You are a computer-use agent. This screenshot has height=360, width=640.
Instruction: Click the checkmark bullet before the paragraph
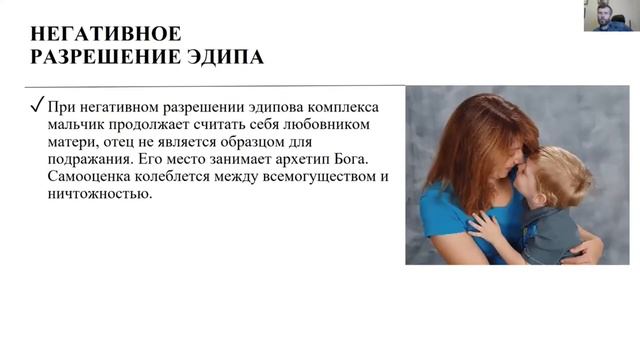[36, 107]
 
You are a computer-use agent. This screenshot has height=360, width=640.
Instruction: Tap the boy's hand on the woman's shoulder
[486, 229]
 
